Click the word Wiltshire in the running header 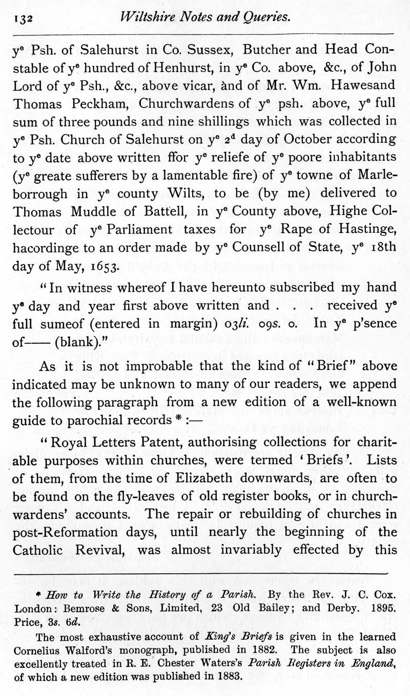pos(143,18)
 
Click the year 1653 pos(104,266)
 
